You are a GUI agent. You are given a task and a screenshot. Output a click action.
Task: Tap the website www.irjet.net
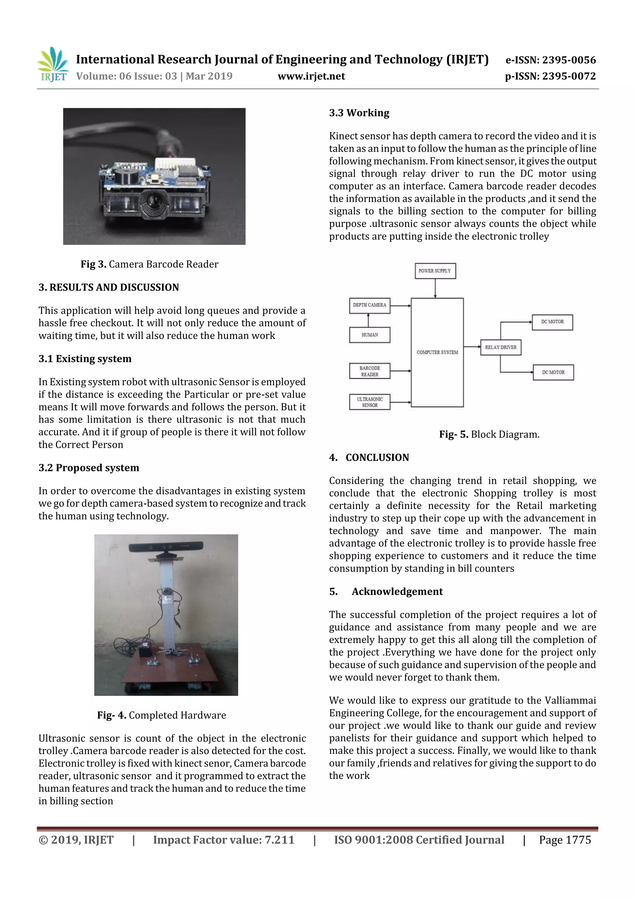pyautogui.click(x=311, y=76)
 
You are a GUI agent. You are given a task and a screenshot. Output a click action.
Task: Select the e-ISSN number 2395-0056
pyautogui.click(x=550, y=60)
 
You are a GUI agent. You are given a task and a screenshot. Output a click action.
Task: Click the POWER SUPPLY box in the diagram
pyautogui.click(x=435, y=271)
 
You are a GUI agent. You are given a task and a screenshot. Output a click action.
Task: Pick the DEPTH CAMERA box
pyautogui.click(x=369, y=305)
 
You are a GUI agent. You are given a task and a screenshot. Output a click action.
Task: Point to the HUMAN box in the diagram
pyautogui.click(x=369, y=335)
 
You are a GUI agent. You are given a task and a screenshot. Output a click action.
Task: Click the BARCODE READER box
pyautogui.click(x=369, y=371)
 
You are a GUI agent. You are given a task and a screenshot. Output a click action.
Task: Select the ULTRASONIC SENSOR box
pyautogui.click(x=369, y=402)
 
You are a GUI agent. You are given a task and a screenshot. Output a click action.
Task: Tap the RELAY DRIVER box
pyautogui.click(x=500, y=347)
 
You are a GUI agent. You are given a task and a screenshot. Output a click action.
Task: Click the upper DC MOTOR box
pyautogui.click(x=552, y=322)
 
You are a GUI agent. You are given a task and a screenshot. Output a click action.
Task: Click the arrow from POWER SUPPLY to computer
pyautogui.click(x=435, y=288)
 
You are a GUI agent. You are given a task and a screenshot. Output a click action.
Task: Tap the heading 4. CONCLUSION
pyautogui.click(x=369, y=457)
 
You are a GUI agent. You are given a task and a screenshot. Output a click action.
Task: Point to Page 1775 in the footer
pyautogui.click(x=565, y=839)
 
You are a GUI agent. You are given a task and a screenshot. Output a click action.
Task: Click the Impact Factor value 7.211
pyautogui.click(x=224, y=839)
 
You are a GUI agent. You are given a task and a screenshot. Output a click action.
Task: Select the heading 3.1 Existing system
pyautogui.click(x=85, y=359)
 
